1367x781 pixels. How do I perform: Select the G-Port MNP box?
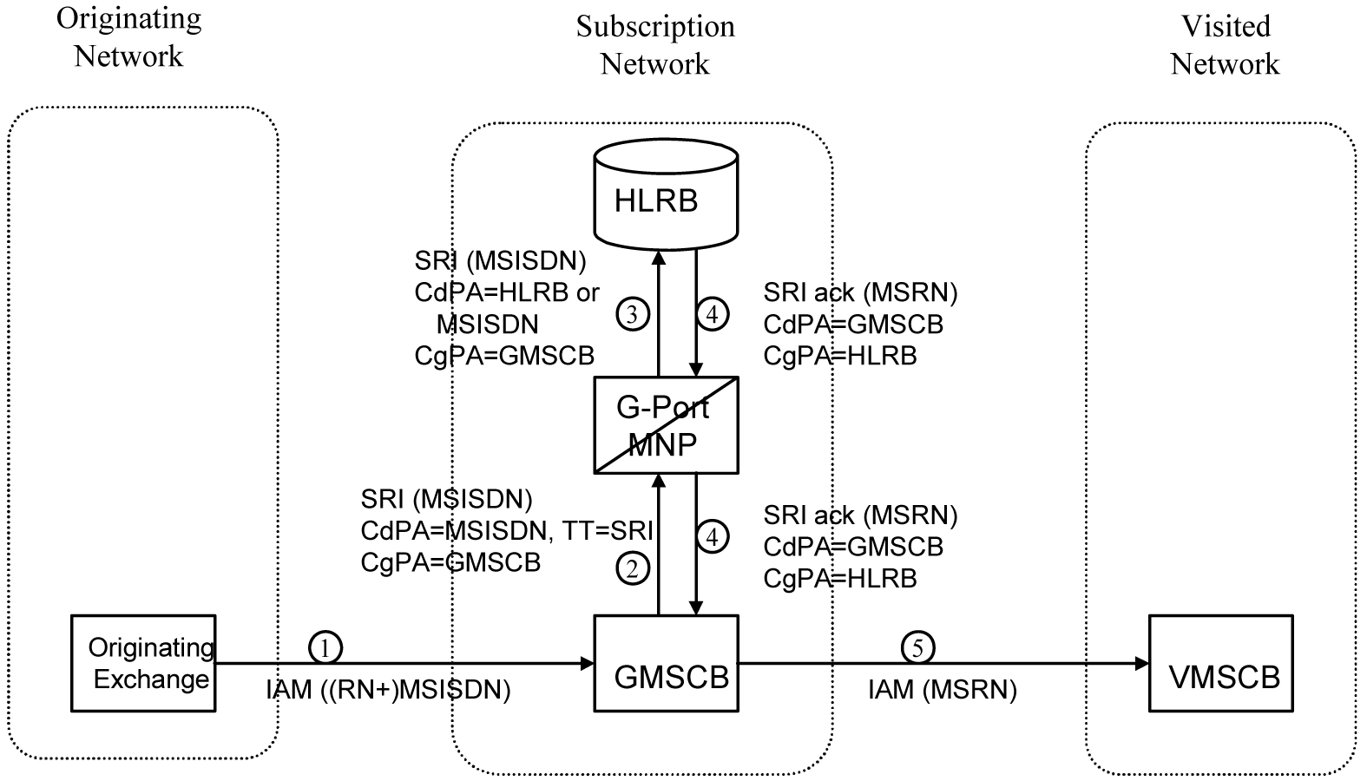[x=666, y=425]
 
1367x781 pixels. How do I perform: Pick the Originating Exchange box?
[x=143, y=664]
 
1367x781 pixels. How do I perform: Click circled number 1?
[x=325, y=647]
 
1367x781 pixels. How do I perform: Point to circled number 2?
[x=632, y=569]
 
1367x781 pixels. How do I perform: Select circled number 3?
[x=632, y=314]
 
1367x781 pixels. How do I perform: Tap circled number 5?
[x=917, y=647]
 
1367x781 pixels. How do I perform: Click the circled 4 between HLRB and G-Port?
[x=712, y=314]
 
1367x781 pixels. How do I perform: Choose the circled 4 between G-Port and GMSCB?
[x=712, y=537]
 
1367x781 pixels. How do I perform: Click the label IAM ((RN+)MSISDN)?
[x=387, y=691]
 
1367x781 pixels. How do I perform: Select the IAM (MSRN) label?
[x=942, y=691]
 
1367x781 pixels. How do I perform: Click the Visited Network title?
[x=1225, y=45]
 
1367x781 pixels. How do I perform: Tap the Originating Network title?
[x=128, y=36]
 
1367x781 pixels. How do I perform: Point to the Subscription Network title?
[x=655, y=45]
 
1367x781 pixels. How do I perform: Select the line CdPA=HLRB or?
[x=507, y=292]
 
